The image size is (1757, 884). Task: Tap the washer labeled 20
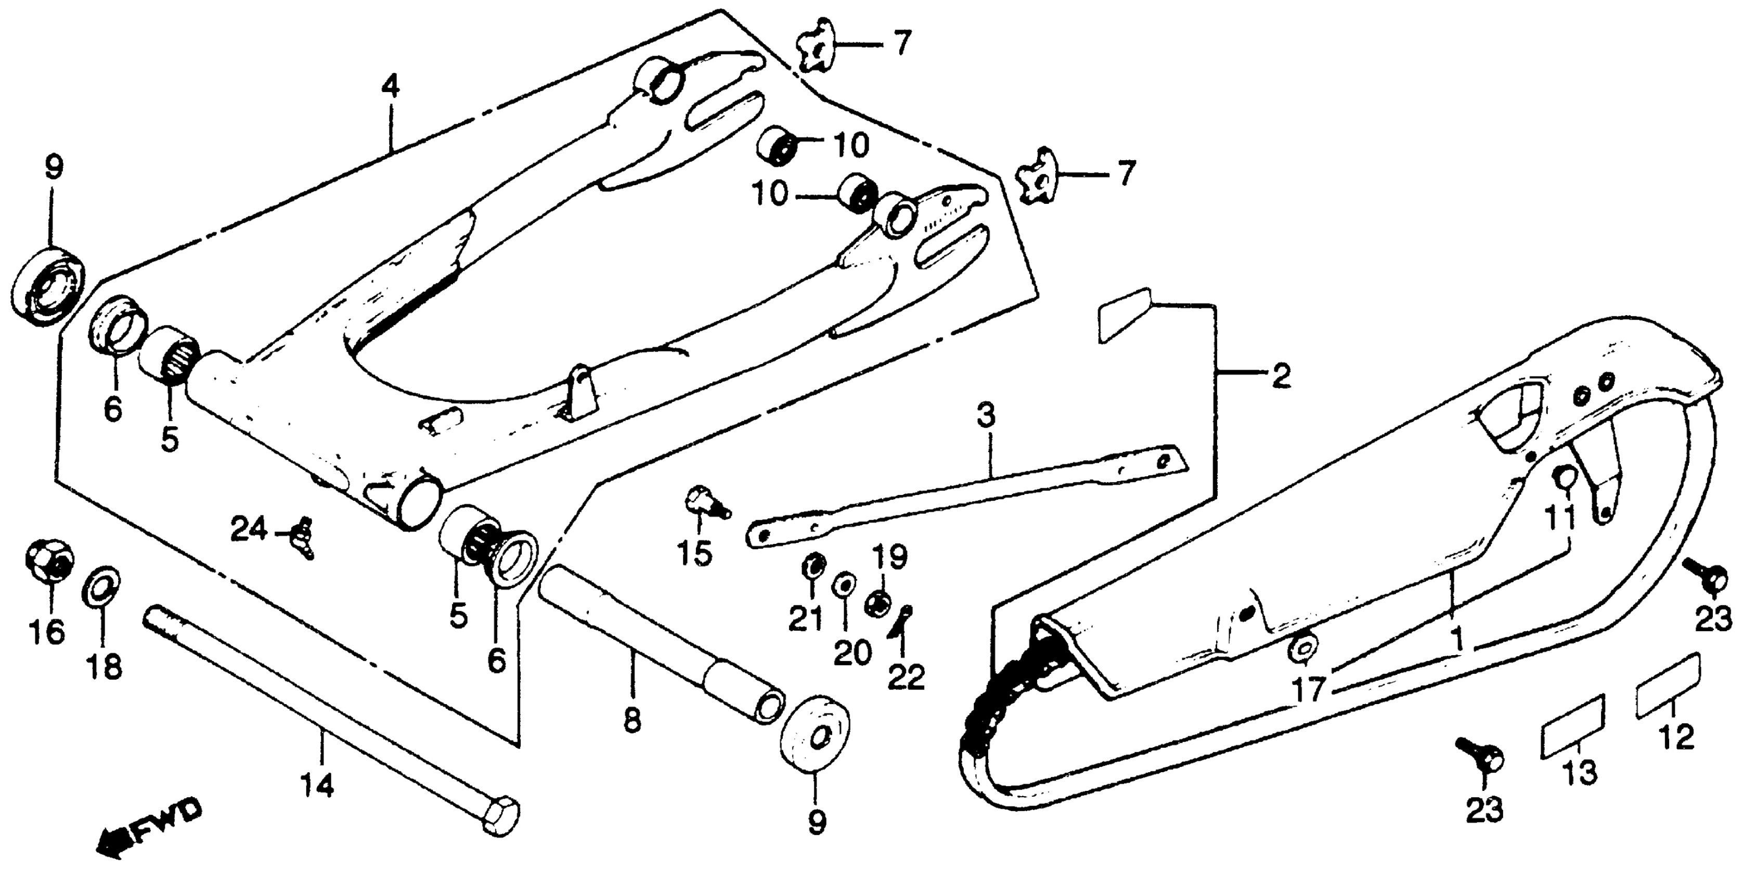(844, 584)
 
